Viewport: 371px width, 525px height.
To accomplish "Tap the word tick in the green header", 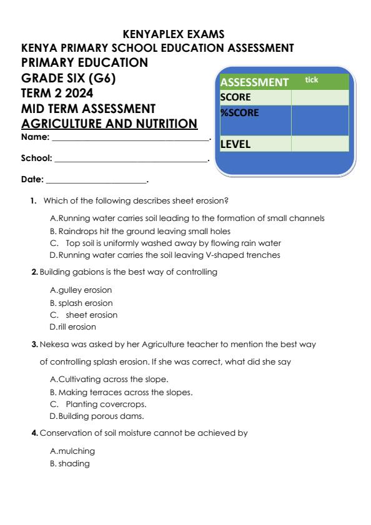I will pos(311,80).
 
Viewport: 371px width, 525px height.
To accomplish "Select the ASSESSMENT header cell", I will pos(255,82).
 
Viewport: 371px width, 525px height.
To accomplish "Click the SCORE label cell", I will pos(255,98).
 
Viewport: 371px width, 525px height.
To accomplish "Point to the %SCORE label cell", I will pos(255,114).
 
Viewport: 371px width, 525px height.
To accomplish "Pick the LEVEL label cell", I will pos(255,144).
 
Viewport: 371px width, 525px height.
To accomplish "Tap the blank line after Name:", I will pos(131,138).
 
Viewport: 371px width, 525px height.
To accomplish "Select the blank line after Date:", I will pos(96,180).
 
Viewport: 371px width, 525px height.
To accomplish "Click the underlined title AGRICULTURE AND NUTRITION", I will pos(109,124).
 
